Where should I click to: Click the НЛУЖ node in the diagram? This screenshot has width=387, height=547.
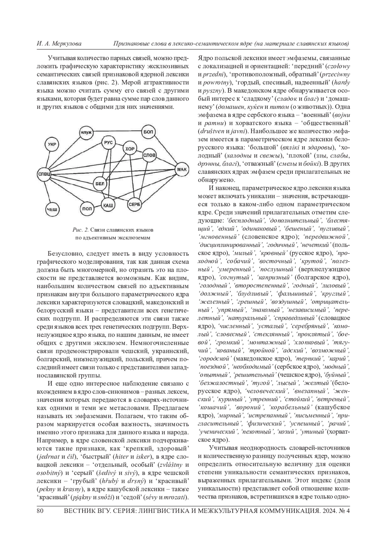coord(86,132)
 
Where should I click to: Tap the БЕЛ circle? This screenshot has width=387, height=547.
coord(100,184)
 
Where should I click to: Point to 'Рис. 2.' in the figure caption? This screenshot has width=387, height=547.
coord(81,230)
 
